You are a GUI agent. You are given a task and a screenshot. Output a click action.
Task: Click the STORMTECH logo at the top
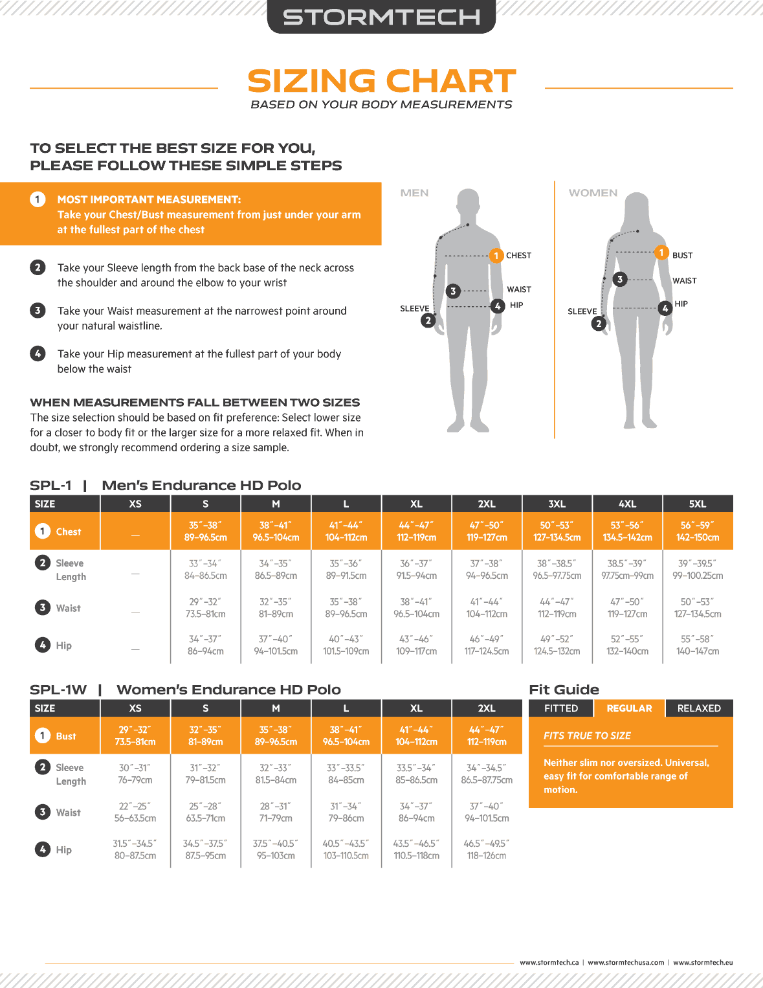coord(381,17)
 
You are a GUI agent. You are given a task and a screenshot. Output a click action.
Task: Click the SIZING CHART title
coord(381,82)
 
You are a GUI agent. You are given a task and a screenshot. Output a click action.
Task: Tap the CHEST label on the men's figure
coord(518,256)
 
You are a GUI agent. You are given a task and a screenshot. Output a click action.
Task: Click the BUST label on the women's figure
coord(682,256)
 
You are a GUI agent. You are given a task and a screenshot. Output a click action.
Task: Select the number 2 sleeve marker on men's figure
coord(428,320)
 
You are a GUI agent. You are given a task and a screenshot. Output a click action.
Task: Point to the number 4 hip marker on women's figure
coord(665,308)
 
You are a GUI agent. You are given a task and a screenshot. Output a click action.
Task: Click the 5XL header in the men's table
coord(697,504)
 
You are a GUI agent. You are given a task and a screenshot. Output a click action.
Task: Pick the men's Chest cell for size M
coord(276,531)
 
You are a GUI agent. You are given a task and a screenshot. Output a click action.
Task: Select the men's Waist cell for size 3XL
coord(557,608)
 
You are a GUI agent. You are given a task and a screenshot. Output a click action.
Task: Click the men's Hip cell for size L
coord(346,645)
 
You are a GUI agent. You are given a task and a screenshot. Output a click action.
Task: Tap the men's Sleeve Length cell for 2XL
coord(487,569)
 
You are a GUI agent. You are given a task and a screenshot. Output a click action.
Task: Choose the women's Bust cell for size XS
coord(135,735)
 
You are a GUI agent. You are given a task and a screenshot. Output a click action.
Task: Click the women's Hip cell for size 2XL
coord(487,849)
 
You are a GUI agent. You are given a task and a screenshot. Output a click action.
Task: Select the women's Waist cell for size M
coord(276,812)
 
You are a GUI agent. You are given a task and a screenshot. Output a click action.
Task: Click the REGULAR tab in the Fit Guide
coord(629,708)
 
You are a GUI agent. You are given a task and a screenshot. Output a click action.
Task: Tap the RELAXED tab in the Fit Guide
coord(699,708)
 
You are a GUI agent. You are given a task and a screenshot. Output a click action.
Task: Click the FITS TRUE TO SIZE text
coord(587,735)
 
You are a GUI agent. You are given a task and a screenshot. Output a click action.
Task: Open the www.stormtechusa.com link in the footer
coord(626,962)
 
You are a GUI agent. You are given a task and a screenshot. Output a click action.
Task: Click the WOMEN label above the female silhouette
coord(593,193)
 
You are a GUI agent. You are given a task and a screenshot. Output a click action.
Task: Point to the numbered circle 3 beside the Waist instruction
coord(38,311)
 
